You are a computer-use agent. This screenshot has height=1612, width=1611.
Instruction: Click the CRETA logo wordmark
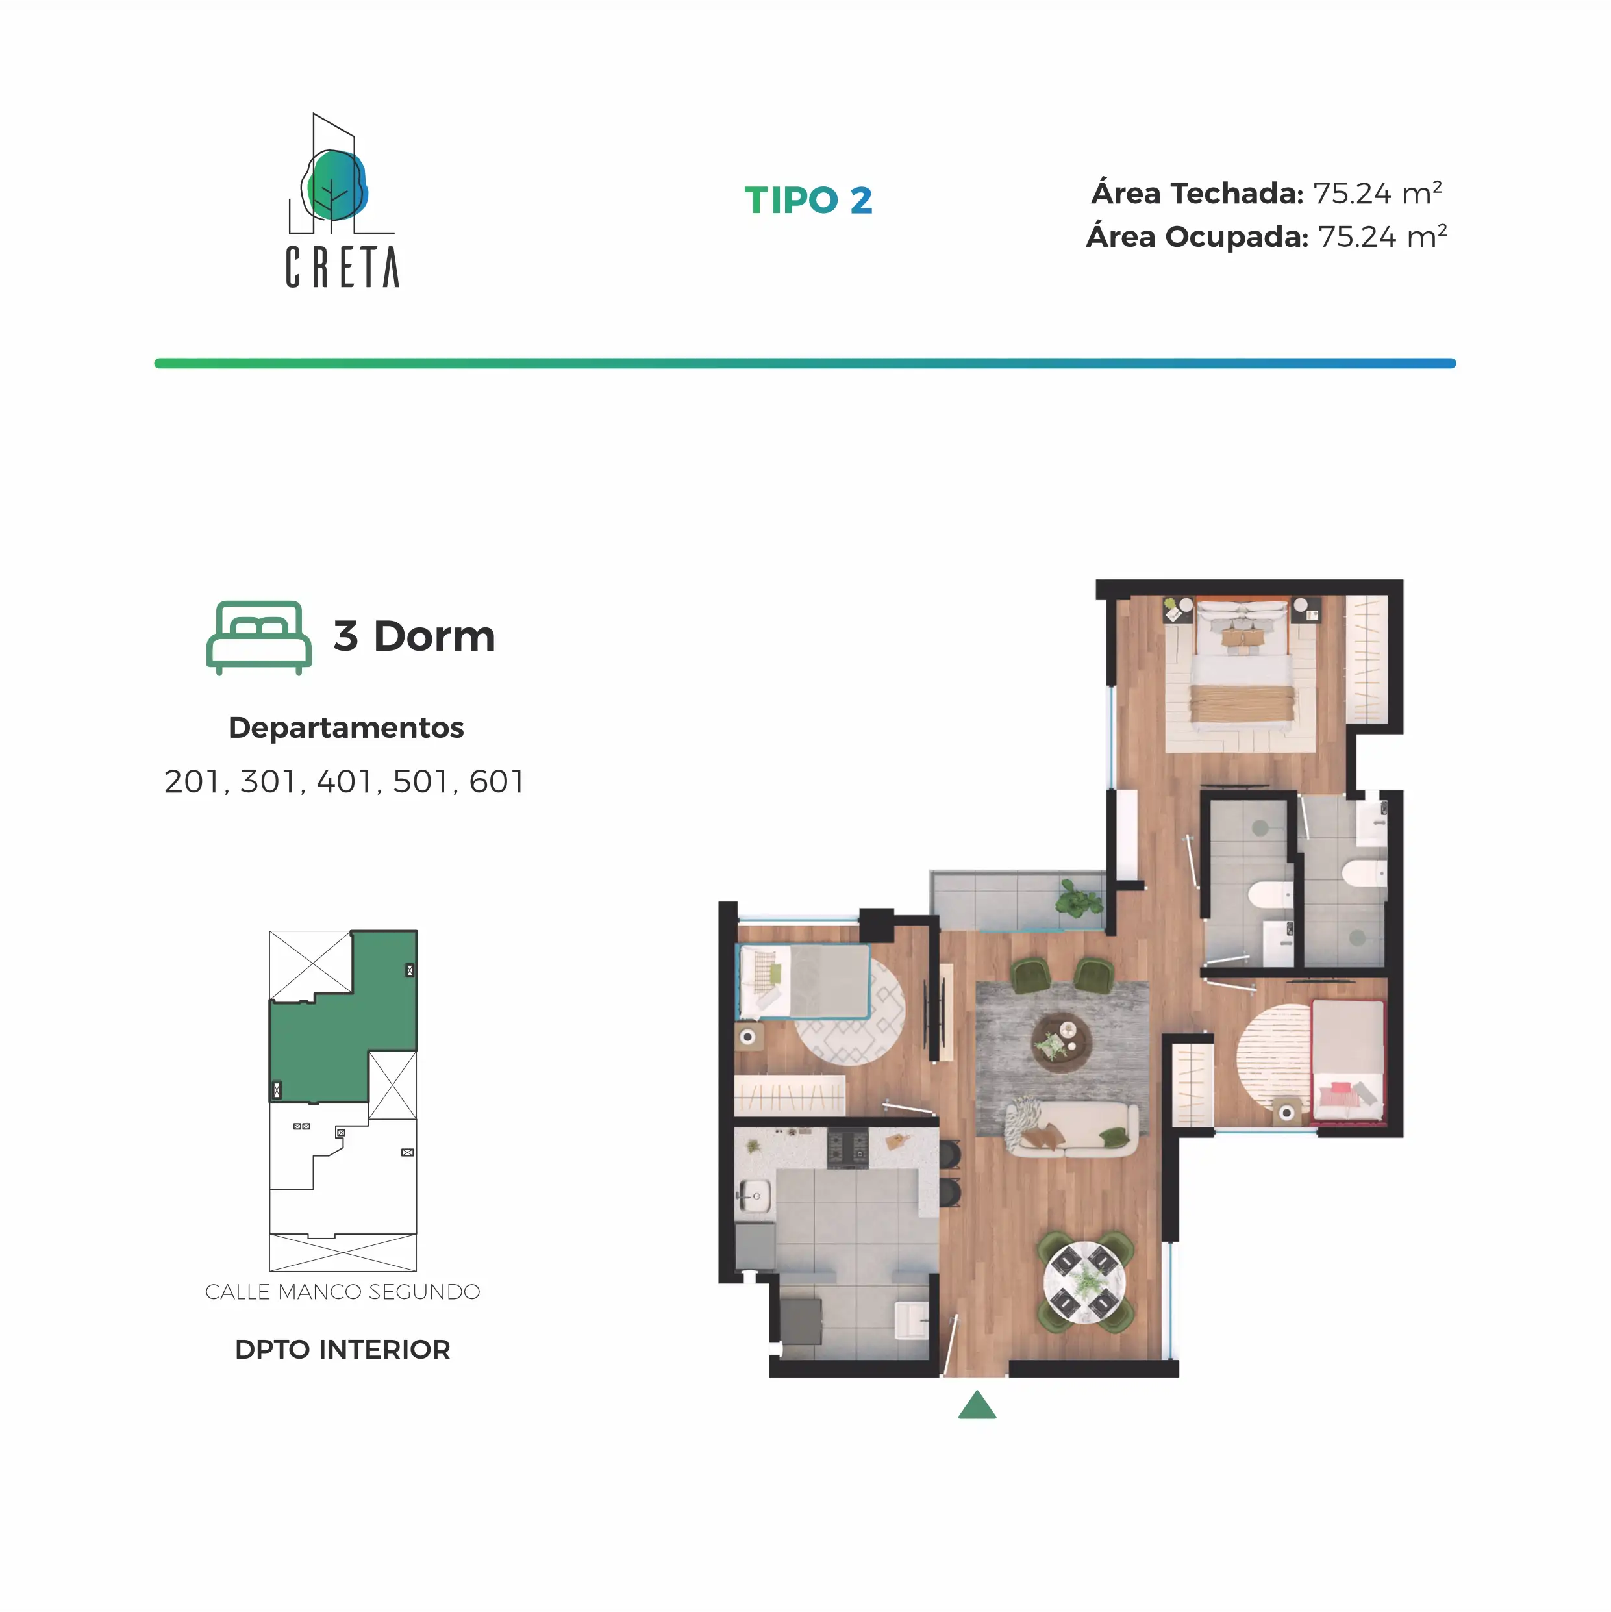coord(342,267)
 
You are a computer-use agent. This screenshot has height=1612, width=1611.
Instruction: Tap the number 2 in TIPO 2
coord(861,200)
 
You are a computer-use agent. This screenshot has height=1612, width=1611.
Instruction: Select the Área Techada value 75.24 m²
coord(1377,193)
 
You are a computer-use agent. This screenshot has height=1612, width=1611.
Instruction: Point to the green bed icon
coord(258,637)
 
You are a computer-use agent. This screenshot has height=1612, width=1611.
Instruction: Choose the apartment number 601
coord(496,782)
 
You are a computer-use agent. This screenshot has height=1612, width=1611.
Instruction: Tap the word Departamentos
coord(346,727)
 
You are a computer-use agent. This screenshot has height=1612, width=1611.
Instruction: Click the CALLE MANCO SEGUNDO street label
coord(343,1292)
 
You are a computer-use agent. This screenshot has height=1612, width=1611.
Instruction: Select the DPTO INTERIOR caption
coord(343,1349)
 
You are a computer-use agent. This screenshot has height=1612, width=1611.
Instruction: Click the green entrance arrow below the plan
coord(977,1407)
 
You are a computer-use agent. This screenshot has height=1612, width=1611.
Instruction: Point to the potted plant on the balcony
coord(1080,899)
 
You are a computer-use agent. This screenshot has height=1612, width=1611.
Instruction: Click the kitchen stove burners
coord(847,1149)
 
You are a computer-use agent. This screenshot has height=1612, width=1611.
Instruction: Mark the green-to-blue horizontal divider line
coord(805,364)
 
